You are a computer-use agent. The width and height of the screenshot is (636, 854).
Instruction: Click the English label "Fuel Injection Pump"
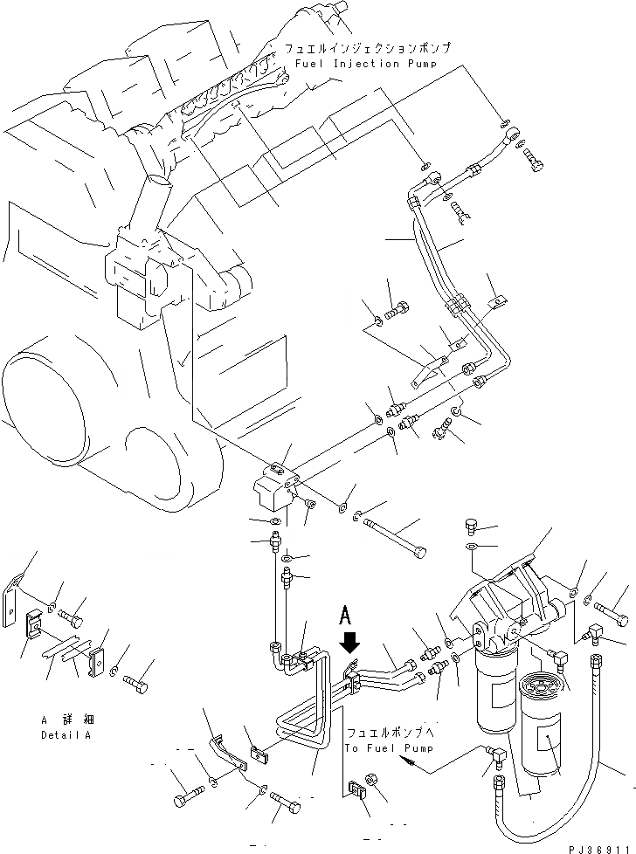[359, 64]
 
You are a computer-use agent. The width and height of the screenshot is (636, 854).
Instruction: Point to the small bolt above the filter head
[472, 527]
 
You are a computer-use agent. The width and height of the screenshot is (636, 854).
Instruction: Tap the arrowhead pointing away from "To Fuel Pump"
[404, 761]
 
